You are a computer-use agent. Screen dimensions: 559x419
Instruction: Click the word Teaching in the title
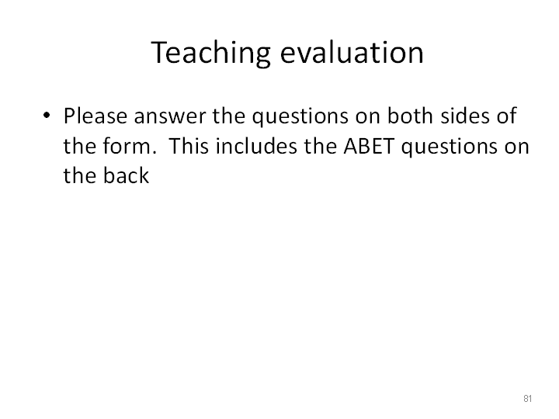tap(211, 53)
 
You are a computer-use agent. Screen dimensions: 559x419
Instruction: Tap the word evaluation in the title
tap(352, 53)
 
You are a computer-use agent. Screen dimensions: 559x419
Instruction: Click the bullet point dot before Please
tap(47, 115)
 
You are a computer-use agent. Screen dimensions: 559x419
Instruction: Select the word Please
tap(95, 116)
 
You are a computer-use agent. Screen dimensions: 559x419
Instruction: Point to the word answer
tap(170, 118)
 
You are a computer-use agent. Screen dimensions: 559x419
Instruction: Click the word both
tap(410, 116)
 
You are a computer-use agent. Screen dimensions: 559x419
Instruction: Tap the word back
tap(127, 175)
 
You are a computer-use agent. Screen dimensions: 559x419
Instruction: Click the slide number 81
tap(528, 398)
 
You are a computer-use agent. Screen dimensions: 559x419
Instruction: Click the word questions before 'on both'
tap(300, 118)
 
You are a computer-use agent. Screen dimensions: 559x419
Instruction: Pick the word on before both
tap(367, 118)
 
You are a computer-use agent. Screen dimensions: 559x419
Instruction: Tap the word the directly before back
tap(80, 175)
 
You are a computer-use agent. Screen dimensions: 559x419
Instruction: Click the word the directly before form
tap(80, 146)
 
